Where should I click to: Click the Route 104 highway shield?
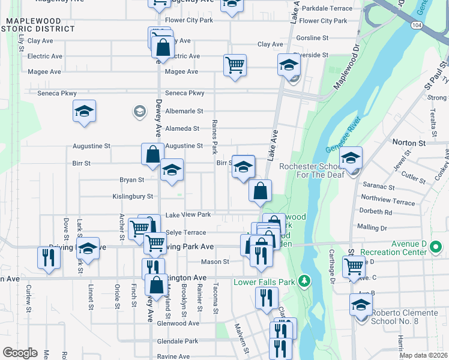tap(417, 26)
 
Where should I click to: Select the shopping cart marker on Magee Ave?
tap(235, 64)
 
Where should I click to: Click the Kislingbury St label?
tap(133, 196)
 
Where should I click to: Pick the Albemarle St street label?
tap(184, 111)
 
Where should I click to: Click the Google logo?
tap(20, 353)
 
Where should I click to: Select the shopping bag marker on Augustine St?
tap(153, 153)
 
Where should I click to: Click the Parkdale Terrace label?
tap(327, 8)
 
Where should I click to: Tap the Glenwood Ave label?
tap(178, 323)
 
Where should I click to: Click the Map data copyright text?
tap(424, 355)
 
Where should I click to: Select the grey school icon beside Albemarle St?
tap(139, 111)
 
